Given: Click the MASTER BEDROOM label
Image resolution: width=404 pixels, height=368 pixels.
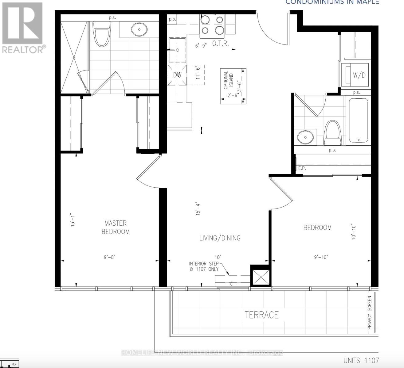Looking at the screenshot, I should click(x=116, y=227).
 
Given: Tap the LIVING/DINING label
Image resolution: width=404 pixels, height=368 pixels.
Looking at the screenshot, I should click(x=220, y=238).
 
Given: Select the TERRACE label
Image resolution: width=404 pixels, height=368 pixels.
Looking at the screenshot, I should click(x=262, y=315).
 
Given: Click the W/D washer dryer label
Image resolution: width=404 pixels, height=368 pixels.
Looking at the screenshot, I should click(x=359, y=75).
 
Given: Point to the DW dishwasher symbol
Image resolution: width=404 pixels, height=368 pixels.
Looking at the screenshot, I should click(x=177, y=75).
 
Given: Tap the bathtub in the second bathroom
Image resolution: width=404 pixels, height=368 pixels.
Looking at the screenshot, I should click(x=359, y=120).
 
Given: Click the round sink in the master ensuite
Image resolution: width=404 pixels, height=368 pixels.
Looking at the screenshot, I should click(x=139, y=30).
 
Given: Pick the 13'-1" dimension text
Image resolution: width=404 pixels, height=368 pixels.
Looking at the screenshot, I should click(x=73, y=220).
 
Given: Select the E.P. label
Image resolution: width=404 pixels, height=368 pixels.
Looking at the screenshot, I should click(x=302, y=168).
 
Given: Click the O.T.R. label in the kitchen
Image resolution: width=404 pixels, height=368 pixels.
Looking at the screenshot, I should click(x=221, y=44).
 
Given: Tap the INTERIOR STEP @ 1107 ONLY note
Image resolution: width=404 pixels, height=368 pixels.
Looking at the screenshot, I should click(x=204, y=266).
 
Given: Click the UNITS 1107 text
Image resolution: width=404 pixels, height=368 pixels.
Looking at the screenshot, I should click(x=361, y=360).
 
